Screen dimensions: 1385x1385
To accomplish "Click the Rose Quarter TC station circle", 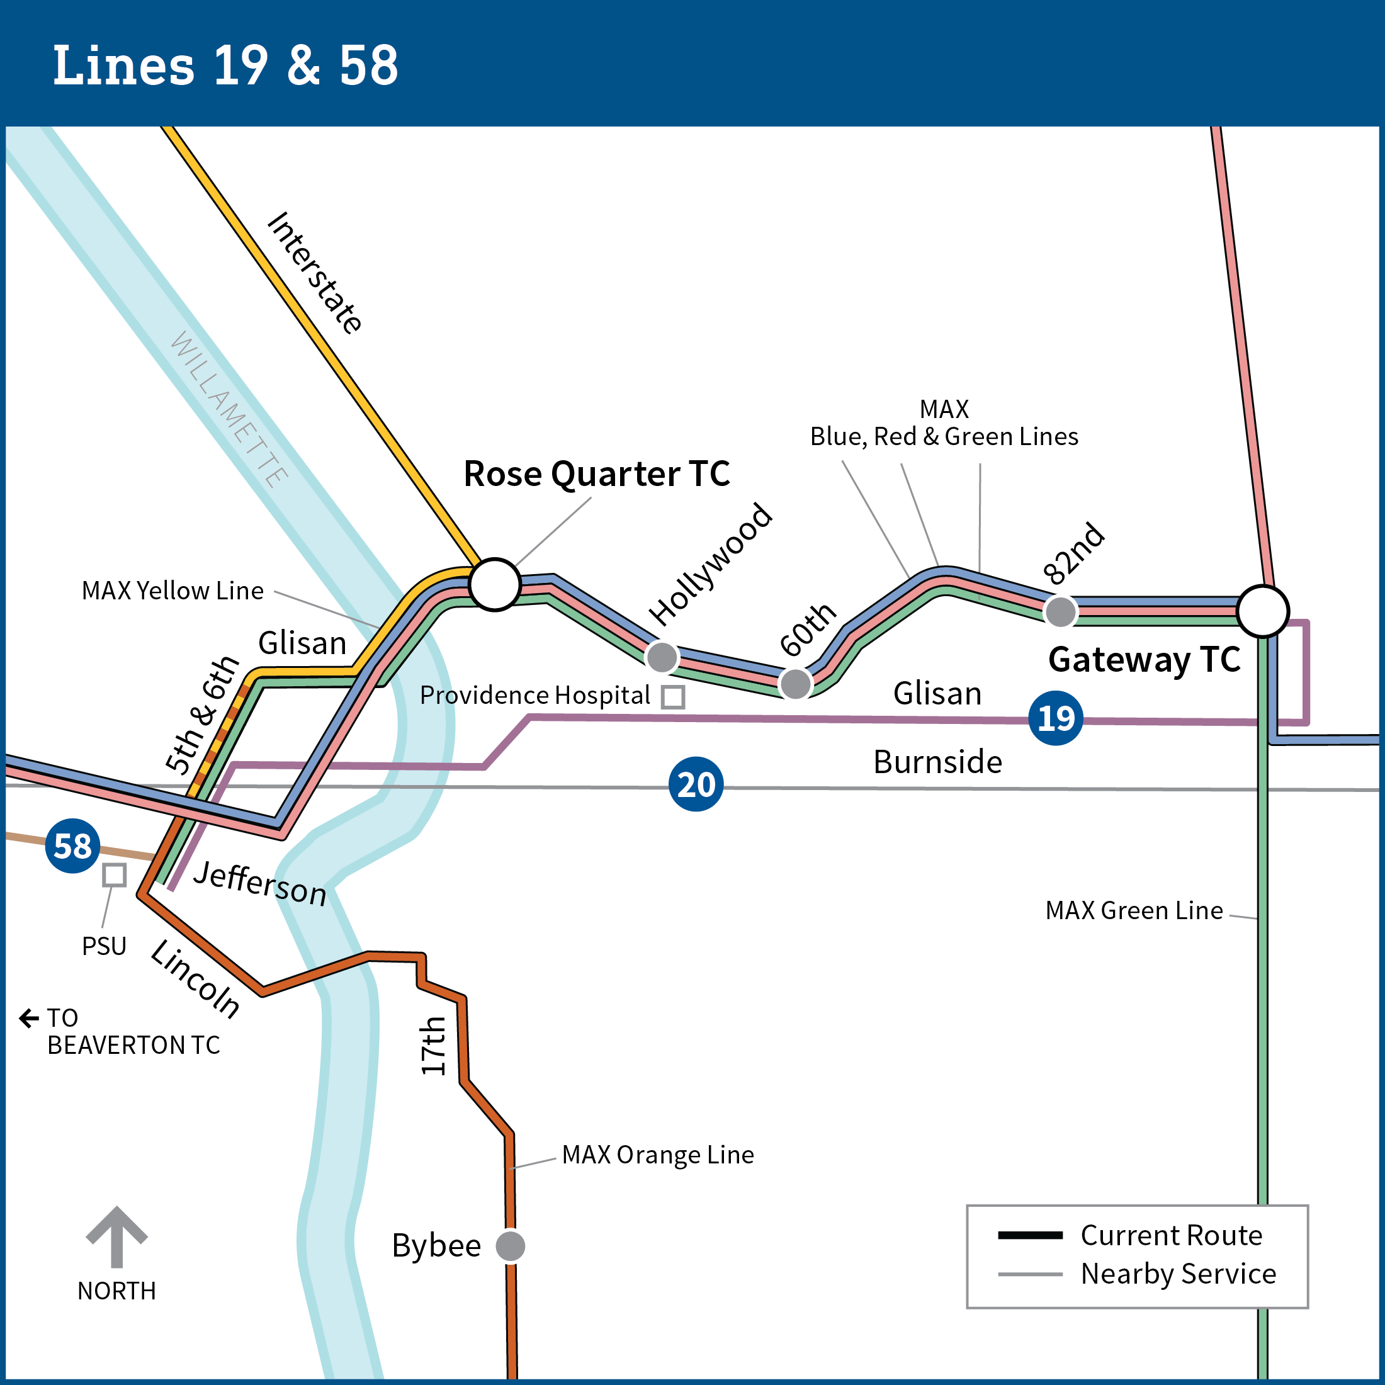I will (495, 584).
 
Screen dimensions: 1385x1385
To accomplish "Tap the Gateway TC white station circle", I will (1263, 611).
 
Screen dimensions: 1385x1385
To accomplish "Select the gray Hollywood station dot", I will (662, 657).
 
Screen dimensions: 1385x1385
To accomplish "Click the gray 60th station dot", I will (795, 683).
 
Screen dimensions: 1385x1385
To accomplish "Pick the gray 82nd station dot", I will (1060, 611).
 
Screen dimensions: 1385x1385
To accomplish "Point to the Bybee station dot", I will (511, 1245).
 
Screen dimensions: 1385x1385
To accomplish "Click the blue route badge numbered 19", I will (1055, 718).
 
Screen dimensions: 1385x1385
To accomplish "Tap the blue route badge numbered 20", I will (696, 784).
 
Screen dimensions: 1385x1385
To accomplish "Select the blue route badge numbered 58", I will (72, 846).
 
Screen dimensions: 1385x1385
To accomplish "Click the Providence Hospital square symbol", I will (672, 697).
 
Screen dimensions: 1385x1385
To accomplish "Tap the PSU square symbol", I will (114, 874).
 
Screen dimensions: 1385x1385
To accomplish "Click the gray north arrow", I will (117, 1236).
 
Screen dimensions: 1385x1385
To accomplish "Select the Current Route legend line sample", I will (1030, 1235).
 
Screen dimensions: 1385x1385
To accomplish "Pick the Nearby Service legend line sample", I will (1030, 1274).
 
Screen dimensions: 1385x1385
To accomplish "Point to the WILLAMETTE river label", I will (229, 409).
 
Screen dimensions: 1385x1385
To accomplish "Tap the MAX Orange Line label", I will (657, 1155).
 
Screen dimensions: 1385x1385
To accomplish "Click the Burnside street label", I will (937, 762).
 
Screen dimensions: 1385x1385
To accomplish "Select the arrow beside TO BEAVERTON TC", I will (29, 1018).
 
